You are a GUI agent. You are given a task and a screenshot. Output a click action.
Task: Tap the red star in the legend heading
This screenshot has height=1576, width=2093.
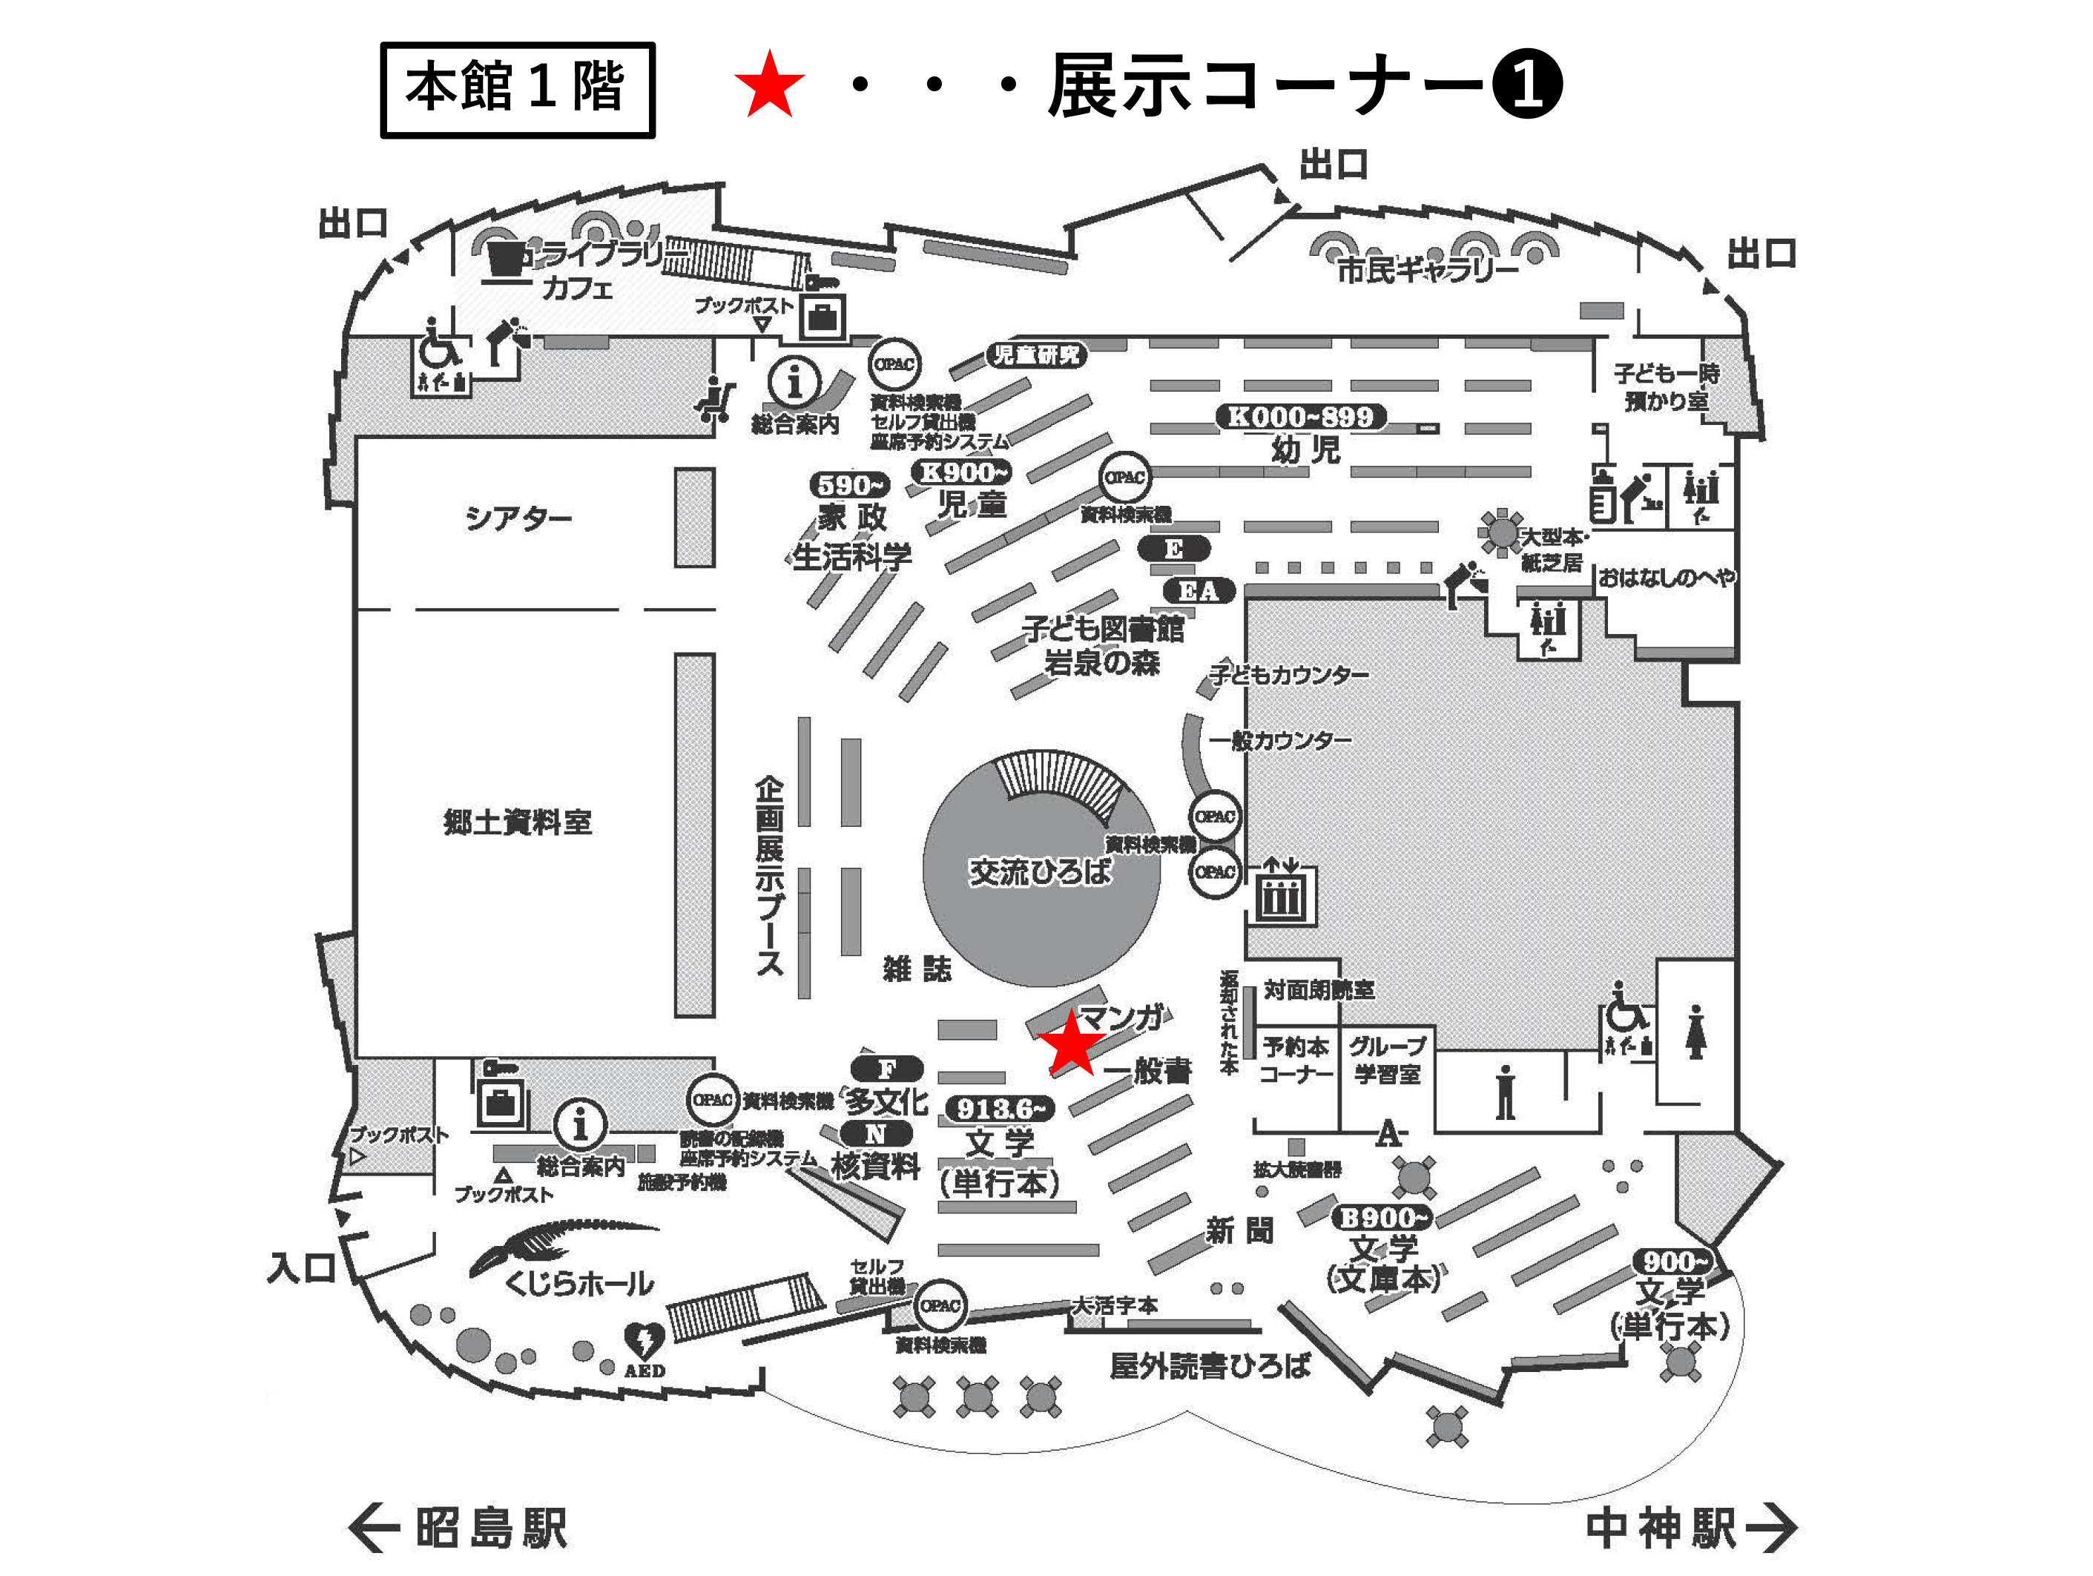[768, 85]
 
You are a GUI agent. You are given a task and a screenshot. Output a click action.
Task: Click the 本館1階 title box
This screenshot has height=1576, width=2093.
[517, 90]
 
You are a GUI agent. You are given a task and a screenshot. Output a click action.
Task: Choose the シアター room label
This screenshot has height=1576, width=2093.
[518, 518]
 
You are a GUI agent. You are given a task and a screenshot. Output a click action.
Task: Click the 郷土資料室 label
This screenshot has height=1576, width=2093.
[518, 822]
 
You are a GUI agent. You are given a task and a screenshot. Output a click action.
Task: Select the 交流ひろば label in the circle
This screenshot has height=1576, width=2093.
[1039, 871]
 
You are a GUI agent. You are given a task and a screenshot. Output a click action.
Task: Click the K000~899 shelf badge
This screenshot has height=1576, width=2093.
[1300, 416]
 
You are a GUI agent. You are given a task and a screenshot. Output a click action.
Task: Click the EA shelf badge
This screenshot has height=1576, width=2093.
[1198, 591]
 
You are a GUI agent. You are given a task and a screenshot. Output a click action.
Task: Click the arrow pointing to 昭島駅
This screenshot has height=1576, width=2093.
[374, 1527]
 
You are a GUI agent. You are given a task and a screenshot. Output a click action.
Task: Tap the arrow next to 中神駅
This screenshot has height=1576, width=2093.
[1770, 1527]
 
